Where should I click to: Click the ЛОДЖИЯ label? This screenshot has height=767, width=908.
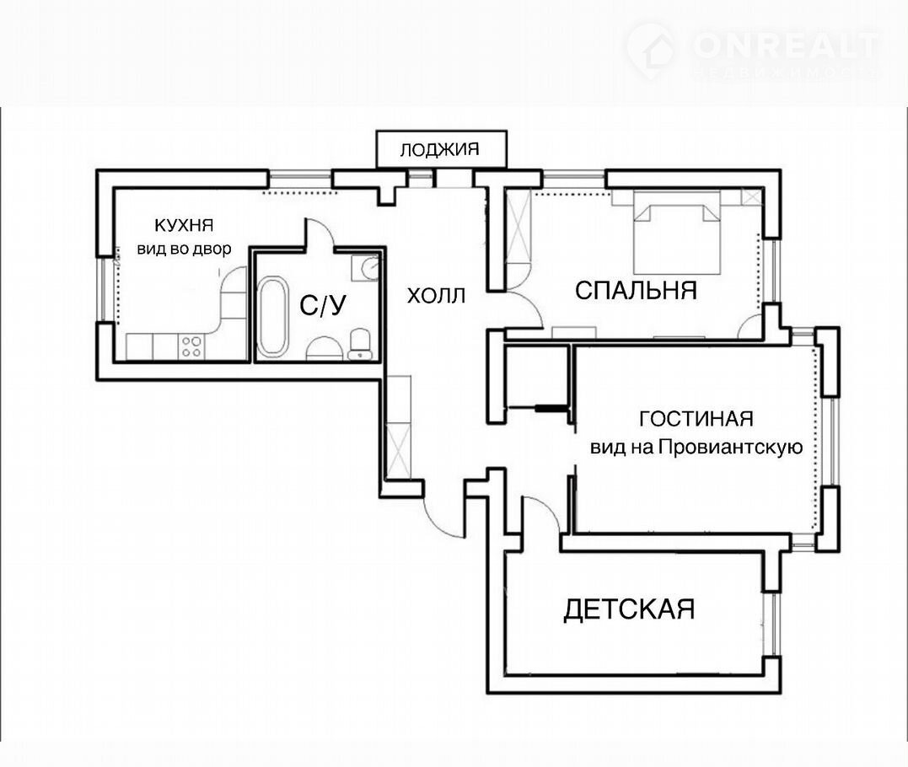coord(439,150)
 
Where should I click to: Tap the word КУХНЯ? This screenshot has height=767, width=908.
coord(184,224)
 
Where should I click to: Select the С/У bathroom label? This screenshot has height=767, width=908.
coord(323,304)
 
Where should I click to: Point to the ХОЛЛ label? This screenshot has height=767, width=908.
coord(436,296)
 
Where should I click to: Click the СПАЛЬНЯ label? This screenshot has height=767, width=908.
coord(635,290)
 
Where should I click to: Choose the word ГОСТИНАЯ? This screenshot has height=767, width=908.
coord(696,419)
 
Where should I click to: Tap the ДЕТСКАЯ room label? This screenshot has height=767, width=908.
coord(629,609)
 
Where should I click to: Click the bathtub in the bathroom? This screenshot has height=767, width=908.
coord(272,317)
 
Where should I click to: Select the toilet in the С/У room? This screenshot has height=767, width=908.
coord(360,344)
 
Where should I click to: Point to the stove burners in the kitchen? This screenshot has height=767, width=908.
coord(191,346)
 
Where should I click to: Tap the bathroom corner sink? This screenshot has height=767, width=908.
coord(365,267)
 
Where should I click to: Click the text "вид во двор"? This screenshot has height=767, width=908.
coord(184,249)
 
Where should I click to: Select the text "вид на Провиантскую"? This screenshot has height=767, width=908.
coord(696,447)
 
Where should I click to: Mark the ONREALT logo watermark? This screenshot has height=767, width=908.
coord(753,51)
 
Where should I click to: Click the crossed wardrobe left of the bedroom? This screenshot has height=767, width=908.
coord(518,226)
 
